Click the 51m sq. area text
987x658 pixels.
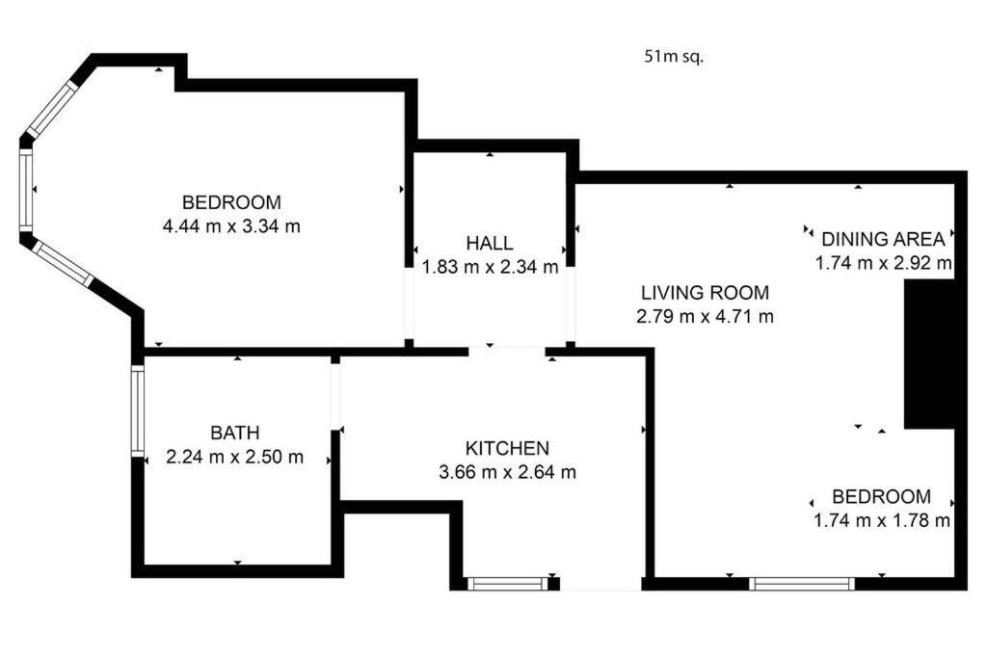coord(674,57)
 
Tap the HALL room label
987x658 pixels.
coord(489,243)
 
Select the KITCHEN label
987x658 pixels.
coord(507,448)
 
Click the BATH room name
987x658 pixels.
coord(235,433)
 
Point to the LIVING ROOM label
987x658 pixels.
coord(705,293)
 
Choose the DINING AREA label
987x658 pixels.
coord(883,239)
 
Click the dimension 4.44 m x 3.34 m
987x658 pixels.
coord(231,225)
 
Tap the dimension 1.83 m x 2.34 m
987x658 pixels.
coord(490,267)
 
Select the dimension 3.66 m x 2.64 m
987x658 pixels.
coord(507,472)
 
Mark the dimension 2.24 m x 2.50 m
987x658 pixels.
coord(235,457)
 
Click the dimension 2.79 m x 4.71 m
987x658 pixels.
coord(705,316)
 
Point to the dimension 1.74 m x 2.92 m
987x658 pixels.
coord(883,263)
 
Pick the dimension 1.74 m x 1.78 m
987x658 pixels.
coord(882,521)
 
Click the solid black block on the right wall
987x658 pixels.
coord(929,355)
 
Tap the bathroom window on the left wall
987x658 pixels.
coord(138,410)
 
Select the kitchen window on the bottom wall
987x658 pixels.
coord(508,584)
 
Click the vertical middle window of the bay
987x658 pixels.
coord(26,190)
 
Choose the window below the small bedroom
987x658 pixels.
coord(802,584)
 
